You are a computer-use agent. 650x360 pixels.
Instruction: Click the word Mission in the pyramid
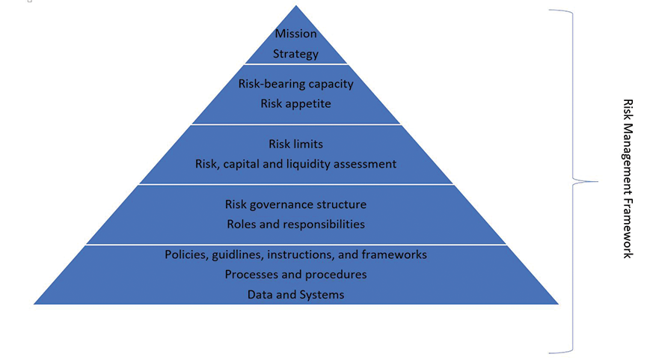click(x=295, y=34)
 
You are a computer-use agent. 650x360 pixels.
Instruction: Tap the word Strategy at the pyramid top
click(x=295, y=54)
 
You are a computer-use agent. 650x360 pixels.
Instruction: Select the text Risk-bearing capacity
click(x=295, y=84)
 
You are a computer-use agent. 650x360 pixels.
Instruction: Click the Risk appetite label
click(x=295, y=103)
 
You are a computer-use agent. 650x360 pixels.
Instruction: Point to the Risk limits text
click(x=295, y=144)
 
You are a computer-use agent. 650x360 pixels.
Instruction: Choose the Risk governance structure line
click(x=295, y=204)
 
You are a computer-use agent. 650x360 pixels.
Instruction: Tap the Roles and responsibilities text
click(x=295, y=224)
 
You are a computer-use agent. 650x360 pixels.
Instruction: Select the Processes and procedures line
click(x=295, y=275)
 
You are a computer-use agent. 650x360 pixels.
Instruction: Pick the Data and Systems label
click(x=295, y=295)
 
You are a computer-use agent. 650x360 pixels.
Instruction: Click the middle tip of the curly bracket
click(x=596, y=180)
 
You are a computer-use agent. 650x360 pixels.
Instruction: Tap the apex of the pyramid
click(x=296, y=7)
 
